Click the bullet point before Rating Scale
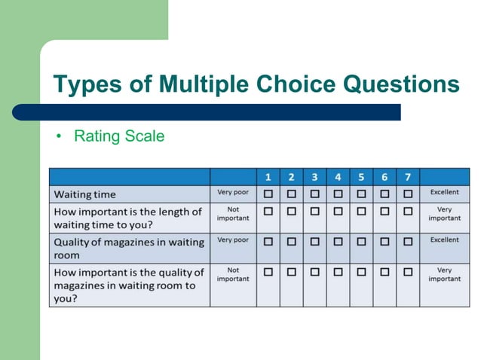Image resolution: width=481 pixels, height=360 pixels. [57, 136]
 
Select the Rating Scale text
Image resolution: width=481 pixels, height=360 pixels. [118, 136]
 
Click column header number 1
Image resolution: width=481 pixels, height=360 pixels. [268, 177]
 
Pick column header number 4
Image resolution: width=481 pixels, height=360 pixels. [338, 177]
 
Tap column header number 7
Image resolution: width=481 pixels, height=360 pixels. [407, 177]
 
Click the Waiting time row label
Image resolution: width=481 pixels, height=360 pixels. [84, 194]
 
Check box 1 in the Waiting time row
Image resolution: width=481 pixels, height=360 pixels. [268, 194]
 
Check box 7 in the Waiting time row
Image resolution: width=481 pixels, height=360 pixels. [407, 194]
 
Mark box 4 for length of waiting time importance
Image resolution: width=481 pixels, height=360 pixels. [338, 211]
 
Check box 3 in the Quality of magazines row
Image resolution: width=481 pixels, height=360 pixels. [314, 241]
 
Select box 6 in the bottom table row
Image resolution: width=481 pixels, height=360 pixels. [384, 271]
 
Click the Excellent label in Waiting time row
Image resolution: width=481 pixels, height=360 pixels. [444, 193]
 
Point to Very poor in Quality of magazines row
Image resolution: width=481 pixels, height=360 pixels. [233, 240]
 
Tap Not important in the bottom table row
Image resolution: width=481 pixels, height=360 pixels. [233, 274]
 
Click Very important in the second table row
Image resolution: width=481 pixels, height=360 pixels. [444, 214]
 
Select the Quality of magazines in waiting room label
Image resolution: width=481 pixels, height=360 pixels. [128, 249]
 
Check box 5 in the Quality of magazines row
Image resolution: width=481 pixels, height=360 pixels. [361, 241]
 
